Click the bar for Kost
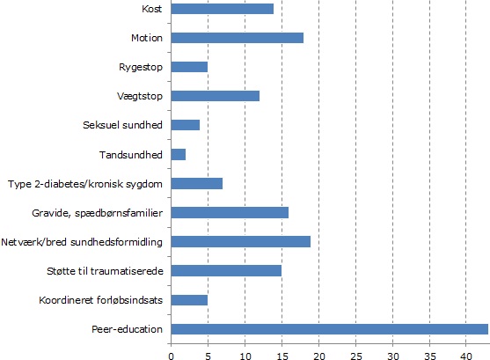click(223, 9)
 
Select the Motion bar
click(238, 38)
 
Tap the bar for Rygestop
click(189, 67)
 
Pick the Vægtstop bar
click(216, 96)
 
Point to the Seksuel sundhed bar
click(186, 125)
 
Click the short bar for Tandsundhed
click(179, 155)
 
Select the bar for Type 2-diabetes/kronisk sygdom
click(197, 184)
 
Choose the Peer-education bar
click(330, 329)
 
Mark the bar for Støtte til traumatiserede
click(226, 271)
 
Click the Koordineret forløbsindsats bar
click(189, 300)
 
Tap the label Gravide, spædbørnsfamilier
click(97, 213)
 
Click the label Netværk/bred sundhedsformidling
click(82, 242)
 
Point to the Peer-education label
click(127, 329)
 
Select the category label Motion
click(147, 38)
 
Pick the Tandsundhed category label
click(131, 155)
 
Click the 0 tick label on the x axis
click(171, 356)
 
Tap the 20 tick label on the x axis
click(318, 356)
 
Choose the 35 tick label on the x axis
click(429, 356)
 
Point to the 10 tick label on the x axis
click(245, 356)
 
